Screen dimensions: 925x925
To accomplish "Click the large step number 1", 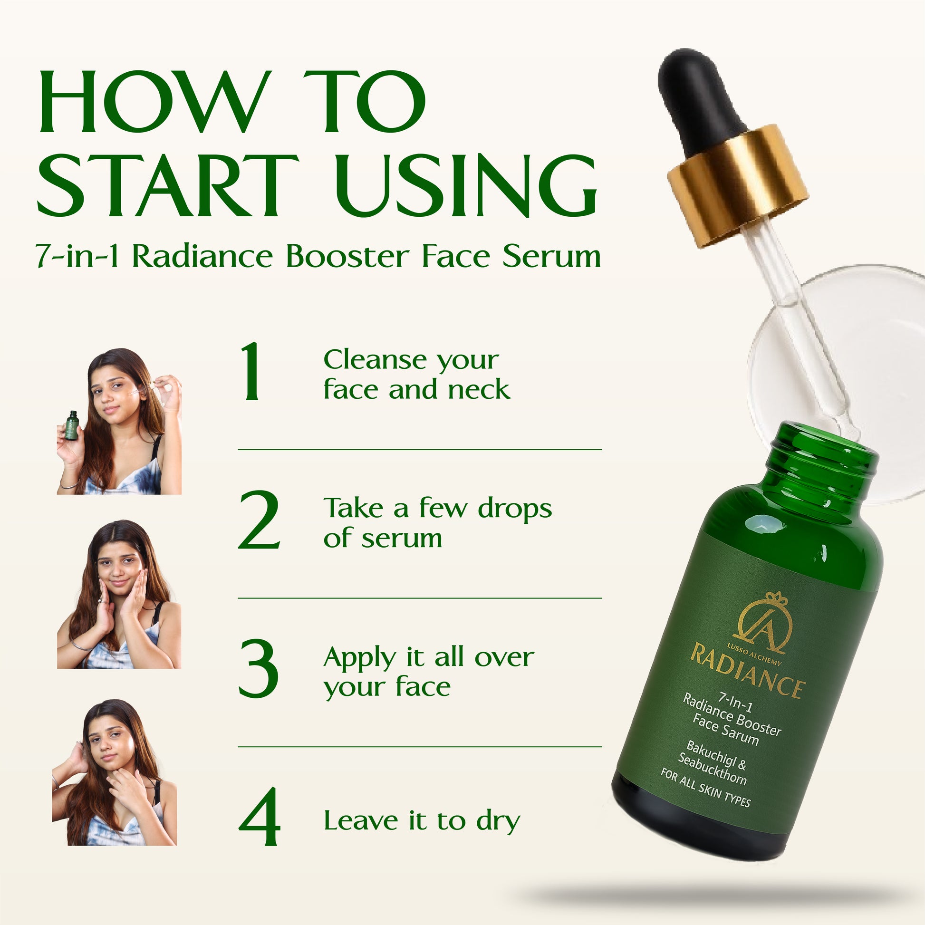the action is (x=251, y=372).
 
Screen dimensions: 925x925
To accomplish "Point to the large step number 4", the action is (x=259, y=817).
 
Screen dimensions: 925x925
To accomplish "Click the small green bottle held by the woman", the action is (x=72, y=425).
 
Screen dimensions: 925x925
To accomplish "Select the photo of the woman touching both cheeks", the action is (x=119, y=594).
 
